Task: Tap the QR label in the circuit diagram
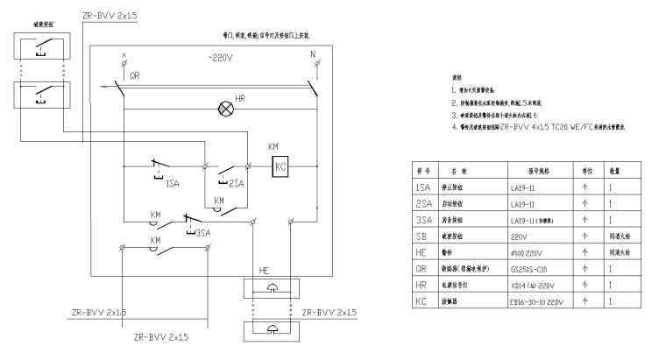pos(134,76)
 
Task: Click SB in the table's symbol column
pos(422,236)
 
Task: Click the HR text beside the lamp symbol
pos(239,98)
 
